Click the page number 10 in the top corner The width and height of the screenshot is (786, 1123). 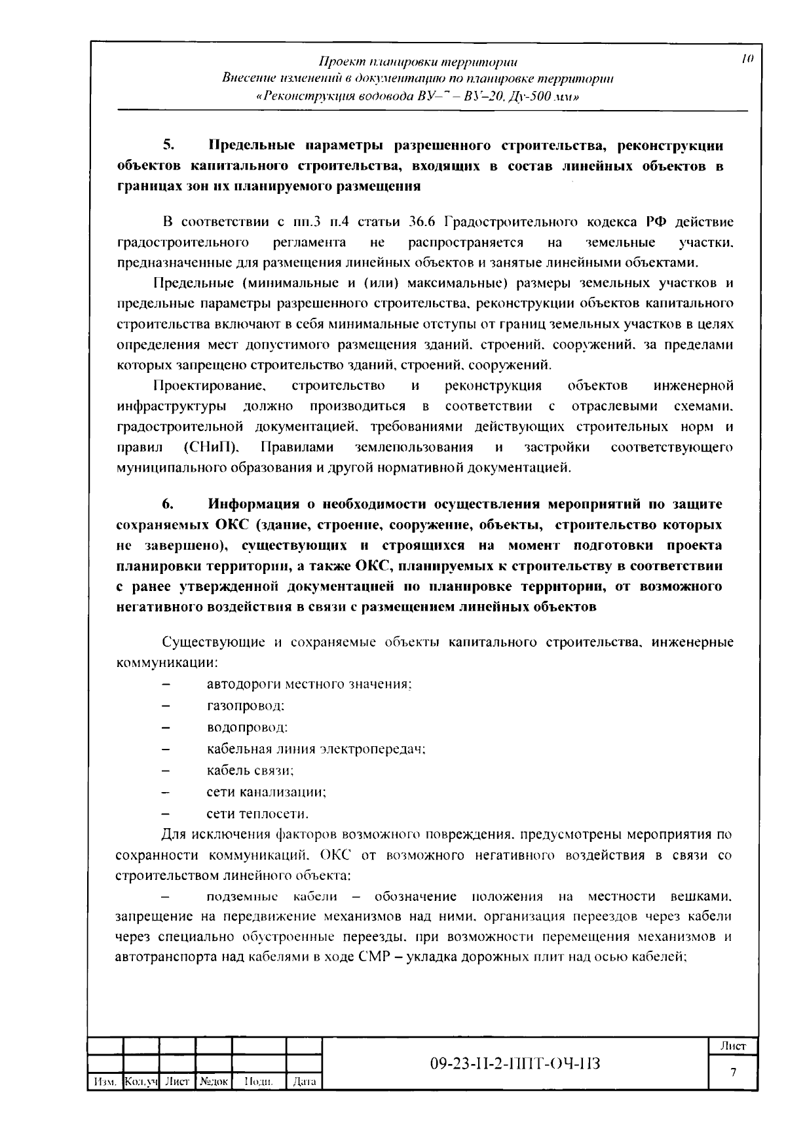[x=748, y=59]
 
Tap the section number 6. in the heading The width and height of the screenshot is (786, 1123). [x=168, y=504]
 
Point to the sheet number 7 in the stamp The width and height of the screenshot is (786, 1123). [x=734, y=1073]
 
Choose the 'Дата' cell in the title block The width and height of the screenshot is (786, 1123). [x=305, y=1082]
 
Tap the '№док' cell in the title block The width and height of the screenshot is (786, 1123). [x=214, y=1082]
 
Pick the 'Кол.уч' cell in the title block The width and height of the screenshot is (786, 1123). [x=141, y=1082]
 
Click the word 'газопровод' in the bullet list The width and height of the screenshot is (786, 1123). [x=244, y=706]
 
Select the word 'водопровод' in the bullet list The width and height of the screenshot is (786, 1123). [x=246, y=728]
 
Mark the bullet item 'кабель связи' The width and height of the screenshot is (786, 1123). [x=250, y=771]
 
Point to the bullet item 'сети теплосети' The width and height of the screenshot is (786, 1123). [x=257, y=814]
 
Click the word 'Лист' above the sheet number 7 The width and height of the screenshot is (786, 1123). [x=734, y=1046]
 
